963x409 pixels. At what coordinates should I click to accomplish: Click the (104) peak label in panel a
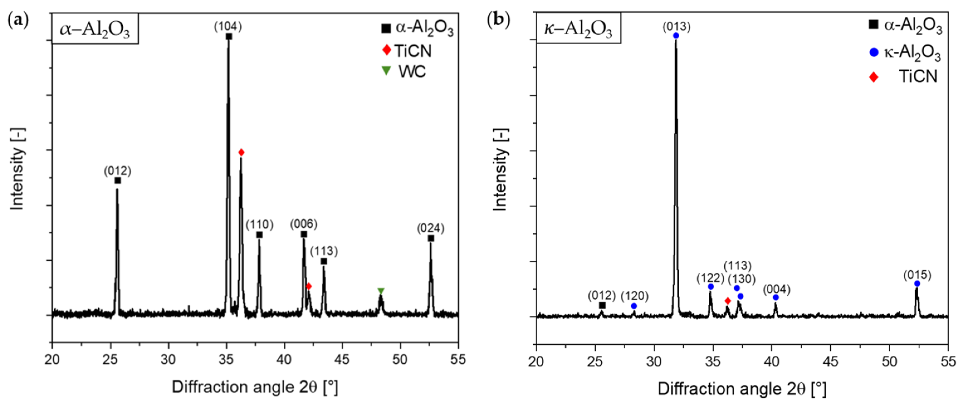tap(228, 26)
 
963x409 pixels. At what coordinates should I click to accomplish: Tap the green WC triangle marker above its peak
tap(381, 291)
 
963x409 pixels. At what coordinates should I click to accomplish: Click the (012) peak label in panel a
tap(118, 171)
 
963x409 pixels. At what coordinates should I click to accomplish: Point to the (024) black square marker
tap(431, 238)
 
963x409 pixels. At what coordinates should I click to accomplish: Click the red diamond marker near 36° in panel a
tap(241, 152)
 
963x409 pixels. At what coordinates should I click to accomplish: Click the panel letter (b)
tap(498, 20)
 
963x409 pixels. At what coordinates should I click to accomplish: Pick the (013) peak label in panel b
tap(676, 26)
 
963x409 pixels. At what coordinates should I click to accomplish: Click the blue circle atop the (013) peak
tap(676, 36)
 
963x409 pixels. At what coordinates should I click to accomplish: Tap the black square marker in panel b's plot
tap(602, 305)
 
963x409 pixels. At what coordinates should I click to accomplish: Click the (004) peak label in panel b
tap(776, 289)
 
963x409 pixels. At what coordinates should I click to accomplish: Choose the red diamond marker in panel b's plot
tap(727, 301)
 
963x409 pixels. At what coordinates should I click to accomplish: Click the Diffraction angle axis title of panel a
tap(255, 387)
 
